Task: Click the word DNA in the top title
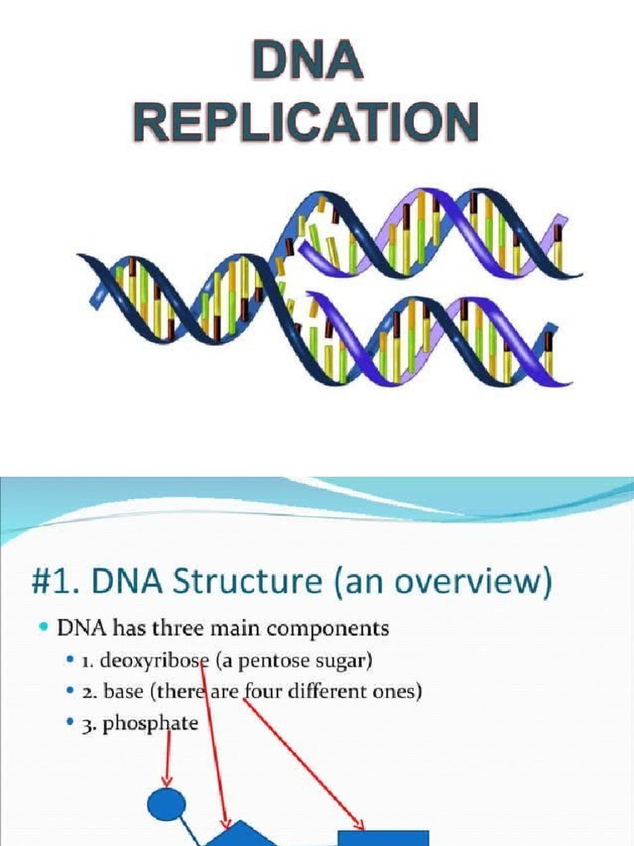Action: tap(307, 64)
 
